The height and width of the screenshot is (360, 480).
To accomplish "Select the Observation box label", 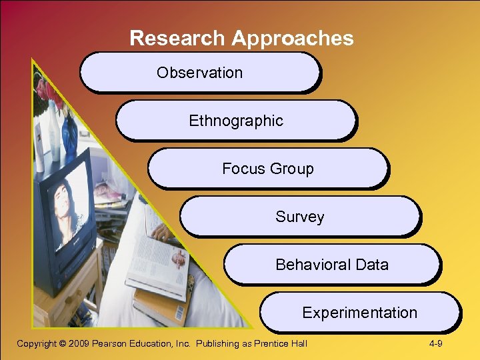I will tap(199, 73).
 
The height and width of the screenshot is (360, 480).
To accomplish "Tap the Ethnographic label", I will tap(236, 121).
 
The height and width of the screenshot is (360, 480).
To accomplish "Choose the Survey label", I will tap(299, 217).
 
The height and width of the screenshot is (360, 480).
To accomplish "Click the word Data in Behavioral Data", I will tap(372, 265).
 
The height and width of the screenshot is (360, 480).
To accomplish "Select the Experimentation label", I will tap(359, 313).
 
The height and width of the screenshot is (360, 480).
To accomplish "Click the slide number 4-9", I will tap(437, 344).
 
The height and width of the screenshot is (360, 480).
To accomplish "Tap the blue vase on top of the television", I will tap(69, 137).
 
